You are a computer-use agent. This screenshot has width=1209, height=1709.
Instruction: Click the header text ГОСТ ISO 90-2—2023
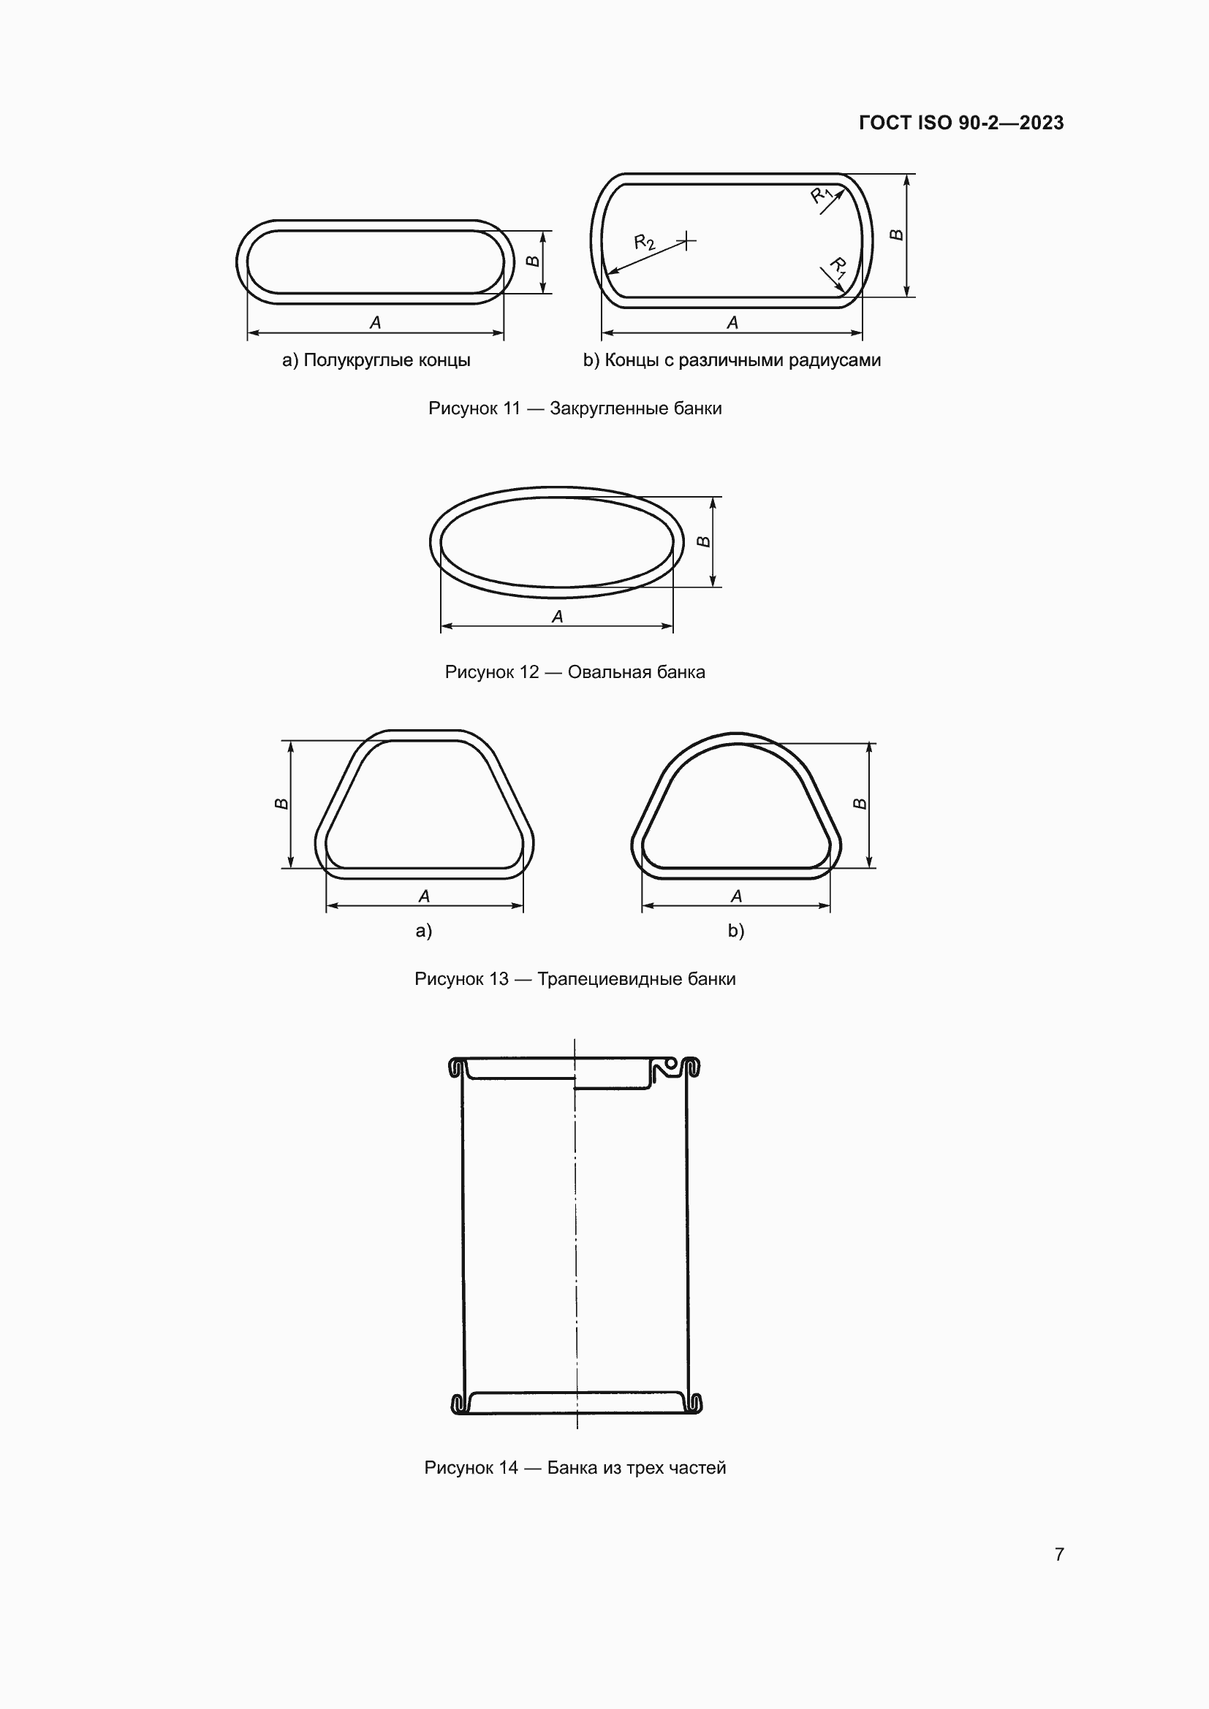pyautogui.click(x=961, y=123)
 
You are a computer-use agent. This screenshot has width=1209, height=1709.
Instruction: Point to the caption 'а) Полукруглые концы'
pyautogui.click(x=376, y=360)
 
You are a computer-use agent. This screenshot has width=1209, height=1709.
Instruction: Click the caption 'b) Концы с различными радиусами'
pyautogui.click(x=732, y=360)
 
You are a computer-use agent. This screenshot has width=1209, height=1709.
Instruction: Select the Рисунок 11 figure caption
pyautogui.click(x=575, y=408)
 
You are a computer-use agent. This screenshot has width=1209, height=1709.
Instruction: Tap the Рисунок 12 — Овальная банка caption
pyautogui.click(x=575, y=672)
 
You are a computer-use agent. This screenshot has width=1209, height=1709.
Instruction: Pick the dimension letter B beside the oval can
pyautogui.click(x=703, y=541)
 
